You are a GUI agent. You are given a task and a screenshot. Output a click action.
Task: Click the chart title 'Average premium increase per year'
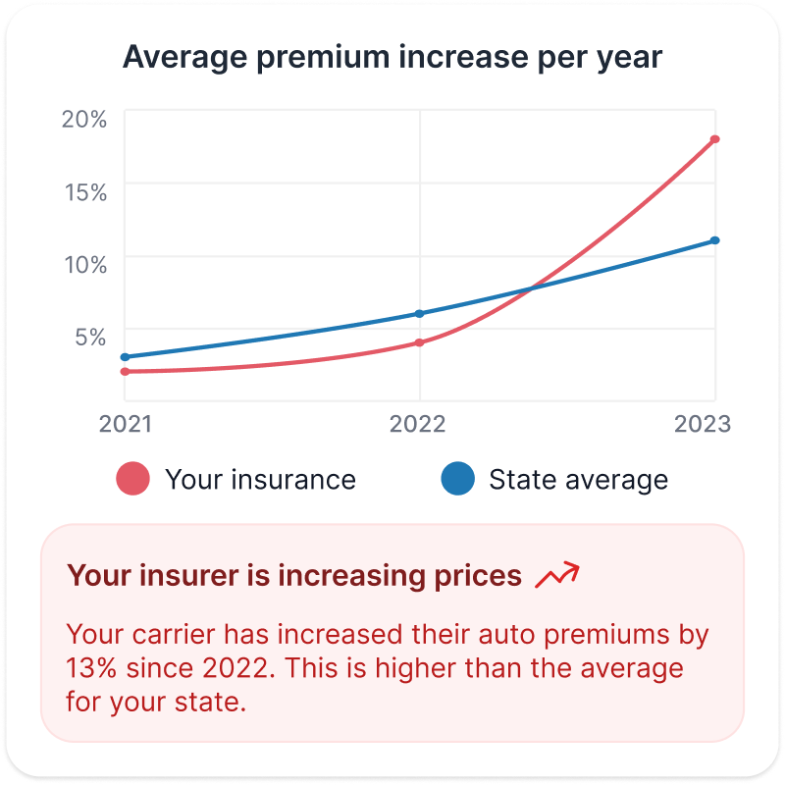pyautogui.click(x=392, y=58)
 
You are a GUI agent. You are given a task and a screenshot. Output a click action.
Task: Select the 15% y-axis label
pyautogui.click(x=84, y=192)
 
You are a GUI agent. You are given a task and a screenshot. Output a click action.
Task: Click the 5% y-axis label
pyautogui.click(x=89, y=337)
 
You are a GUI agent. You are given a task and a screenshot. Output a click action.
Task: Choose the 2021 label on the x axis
pyautogui.click(x=125, y=424)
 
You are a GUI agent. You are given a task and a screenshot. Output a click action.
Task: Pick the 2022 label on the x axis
pyautogui.click(x=418, y=424)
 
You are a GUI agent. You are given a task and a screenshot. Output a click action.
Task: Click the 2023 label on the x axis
pyautogui.click(x=702, y=424)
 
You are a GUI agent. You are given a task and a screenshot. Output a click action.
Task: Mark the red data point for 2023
pyautogui.click(x=715, y=139)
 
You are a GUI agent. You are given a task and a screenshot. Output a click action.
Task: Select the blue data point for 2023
pyautogui.click(x=715, y=240)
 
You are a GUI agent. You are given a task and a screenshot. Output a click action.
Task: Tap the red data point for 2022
pyautogui.click(x=420, y=342)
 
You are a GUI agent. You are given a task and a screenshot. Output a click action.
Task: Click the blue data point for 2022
pyautogui.click(x=420, y=314)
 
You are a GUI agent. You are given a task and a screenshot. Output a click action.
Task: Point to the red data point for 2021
pyautogui.click(x=125, y=372)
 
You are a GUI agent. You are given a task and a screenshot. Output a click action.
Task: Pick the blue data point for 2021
pyautogui.click(x=125, y=357)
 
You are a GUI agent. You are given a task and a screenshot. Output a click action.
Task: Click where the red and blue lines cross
pyautogui.click(x=531, y=289)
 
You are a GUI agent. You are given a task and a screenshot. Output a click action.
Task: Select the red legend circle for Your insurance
pyautogui.click(x=132, y=480)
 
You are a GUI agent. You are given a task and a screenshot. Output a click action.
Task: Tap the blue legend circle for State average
pyautogui.click(x=456, y=480)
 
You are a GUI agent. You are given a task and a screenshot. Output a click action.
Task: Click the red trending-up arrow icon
pyautogui.click(x=556, y=576)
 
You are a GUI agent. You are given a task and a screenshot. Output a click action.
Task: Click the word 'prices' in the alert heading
pyautogui.click(x=477, y=576)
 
